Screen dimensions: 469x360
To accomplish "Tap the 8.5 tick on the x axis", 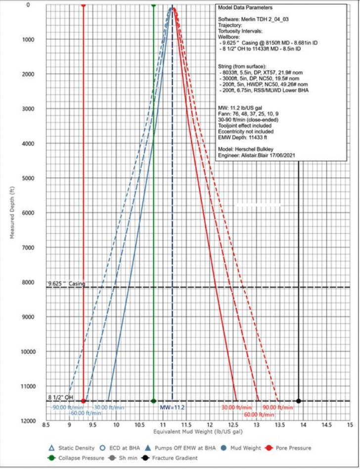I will click(46, 425).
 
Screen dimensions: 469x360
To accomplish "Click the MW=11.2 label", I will click(172, 407).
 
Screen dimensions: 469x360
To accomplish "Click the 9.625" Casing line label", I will click(66, 283).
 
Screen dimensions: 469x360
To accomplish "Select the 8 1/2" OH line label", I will click(61, 397).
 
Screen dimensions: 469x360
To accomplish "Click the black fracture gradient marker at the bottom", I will click(299, 401).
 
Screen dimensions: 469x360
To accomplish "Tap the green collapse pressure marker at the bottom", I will click(153, 401).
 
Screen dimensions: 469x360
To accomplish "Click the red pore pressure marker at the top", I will click(83, 4).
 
